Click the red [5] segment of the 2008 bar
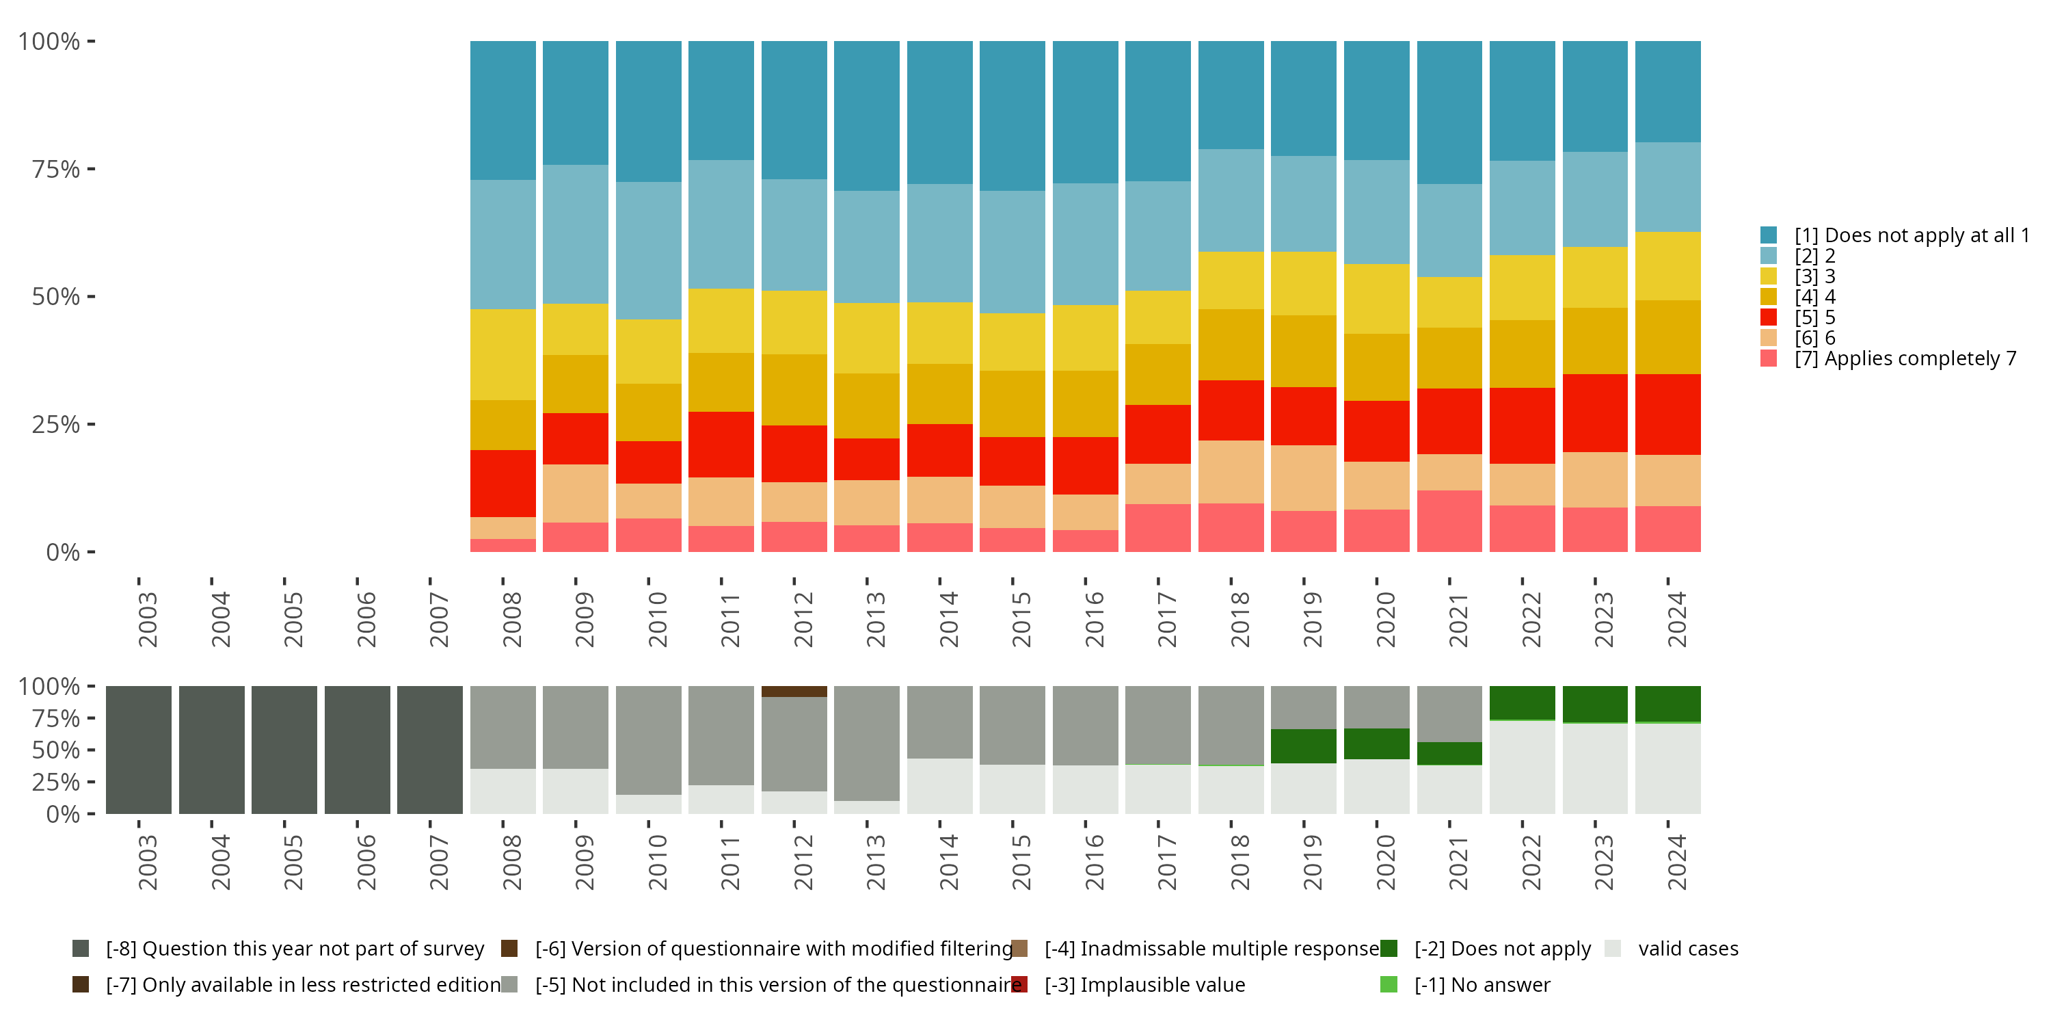pyautogui.click(x=502, y=483)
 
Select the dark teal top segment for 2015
pyautogui.click(x=1012, y=116)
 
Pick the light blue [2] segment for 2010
pyautogui.click(x=648, y=250)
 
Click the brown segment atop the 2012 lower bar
pyautogui.click(x=794, y=692)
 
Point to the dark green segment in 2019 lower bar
pyautogui.click(x=1303, y=746)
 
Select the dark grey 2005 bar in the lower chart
pyautogui.click(x=284, y=750)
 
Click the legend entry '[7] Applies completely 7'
pyautogui.click(x=1904, y=358)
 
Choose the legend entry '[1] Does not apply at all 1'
pyautogui.click(x=1911, y=235)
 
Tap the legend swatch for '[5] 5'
pyautogui.click(x=1769, y=317)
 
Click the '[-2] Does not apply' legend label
pyautogui.click(x=1501, y=949)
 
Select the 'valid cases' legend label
pyautogui.click(x=1688, y=949)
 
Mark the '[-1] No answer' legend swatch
pyautogui.click(x=1389, y=984)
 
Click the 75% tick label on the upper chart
pyautogui.click(x=56, y=169)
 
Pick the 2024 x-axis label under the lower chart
pyautogui.click(x=1677, y=862)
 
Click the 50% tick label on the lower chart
pyautogui.click(x=56, y=750)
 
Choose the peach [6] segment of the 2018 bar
pyautogui.click(x=1230, y=471)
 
